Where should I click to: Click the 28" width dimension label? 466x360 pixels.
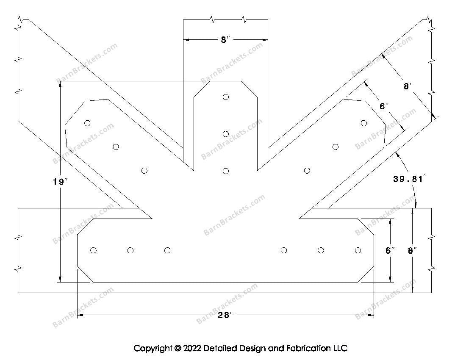click(226, 315)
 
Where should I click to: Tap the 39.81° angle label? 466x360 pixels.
click(409, 179)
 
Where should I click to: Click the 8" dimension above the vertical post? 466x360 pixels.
click(225, 40)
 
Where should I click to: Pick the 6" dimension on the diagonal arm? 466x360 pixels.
click(384, 106)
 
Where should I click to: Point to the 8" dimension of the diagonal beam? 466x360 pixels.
click(408, 86)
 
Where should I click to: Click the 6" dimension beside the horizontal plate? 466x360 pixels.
click(390, 251)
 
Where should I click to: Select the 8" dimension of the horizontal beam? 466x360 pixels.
click(412, 251)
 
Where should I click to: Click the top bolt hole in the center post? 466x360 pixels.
click(226, 97)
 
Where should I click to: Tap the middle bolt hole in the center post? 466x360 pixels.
click(226, 134)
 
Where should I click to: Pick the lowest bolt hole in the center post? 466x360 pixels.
click(226, 171)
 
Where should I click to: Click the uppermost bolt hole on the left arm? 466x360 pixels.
click(87, 123)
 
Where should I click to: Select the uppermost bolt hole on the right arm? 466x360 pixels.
click(363, 123)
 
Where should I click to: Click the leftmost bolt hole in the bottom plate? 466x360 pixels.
click(94, 250)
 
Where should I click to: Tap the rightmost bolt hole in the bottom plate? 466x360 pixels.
click(358, 250)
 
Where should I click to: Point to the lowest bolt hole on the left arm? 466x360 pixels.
click(144, 171)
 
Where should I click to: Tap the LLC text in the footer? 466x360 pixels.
click(340, 349)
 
